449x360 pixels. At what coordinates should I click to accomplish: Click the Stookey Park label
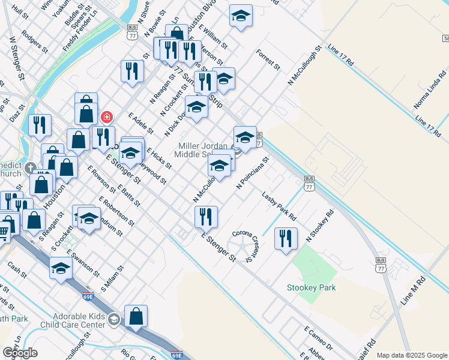point(311,287)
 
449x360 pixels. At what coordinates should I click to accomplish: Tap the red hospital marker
point(106,116)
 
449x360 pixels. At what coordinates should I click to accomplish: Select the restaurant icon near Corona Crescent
point(286,238)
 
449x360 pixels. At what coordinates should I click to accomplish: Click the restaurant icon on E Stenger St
point(206,217)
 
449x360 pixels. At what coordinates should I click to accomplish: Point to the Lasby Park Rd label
point(279,205)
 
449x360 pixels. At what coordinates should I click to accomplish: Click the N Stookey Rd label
point(319,226)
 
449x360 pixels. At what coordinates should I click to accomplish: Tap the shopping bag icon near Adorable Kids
point(136,316)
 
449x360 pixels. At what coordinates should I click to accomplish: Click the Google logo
point(20,352)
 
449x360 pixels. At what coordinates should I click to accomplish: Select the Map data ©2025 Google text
point(412,355)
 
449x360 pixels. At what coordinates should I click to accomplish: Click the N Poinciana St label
point(252,174)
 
